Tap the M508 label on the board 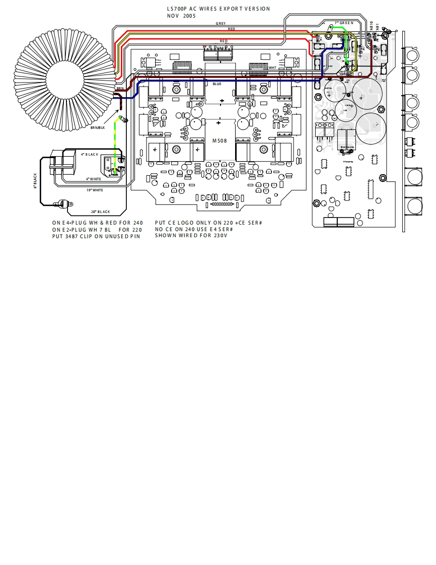[x=219, y=140]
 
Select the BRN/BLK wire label [x=98, y=128]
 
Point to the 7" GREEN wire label [x=344, y=23]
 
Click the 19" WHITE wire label [x=95, y=190]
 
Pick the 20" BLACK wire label [x=100, y=212]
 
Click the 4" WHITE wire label [x=93, y=179]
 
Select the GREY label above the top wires [x=221, y=24]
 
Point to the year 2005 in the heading [x=189, y=16]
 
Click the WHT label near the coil [x=272, y=67]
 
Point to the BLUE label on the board [x=217, y=84]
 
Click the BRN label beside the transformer [x=120, y=88]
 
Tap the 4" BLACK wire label [x=90, y=154]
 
